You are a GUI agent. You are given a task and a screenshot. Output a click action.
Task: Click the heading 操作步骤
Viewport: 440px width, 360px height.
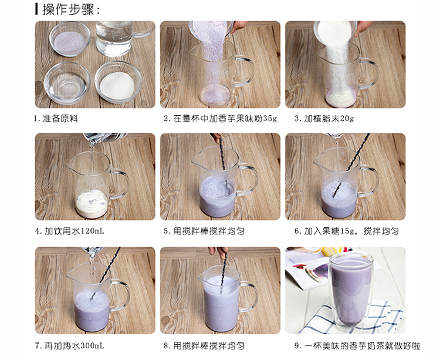[69, 9]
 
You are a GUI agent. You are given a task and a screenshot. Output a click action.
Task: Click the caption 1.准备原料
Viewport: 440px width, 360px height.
[56, 119]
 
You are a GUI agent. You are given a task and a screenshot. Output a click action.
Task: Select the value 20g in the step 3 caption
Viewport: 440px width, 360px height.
[347, 119]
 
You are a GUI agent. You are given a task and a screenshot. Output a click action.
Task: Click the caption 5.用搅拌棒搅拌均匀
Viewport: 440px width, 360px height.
[204, 231]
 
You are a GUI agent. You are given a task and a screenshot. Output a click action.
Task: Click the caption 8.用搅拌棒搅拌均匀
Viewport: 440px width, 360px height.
[204, 346]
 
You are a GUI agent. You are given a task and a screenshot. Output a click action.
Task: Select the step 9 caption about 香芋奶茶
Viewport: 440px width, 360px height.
[357, 346]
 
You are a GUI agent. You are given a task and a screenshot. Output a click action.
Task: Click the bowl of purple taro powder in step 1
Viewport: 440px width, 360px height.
[70, 39]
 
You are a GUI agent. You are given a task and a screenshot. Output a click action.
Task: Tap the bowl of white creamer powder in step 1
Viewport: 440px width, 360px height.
[118, 82]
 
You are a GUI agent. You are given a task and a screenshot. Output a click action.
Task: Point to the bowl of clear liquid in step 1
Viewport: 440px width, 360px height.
[67, 83]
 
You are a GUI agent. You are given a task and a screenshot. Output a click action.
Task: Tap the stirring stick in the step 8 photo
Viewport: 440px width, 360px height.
[224, 270]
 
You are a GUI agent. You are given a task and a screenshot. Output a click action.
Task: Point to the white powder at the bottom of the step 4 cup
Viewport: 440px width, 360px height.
[92, 204]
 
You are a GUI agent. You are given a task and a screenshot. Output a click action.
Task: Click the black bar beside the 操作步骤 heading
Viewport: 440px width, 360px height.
[36, 9]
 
